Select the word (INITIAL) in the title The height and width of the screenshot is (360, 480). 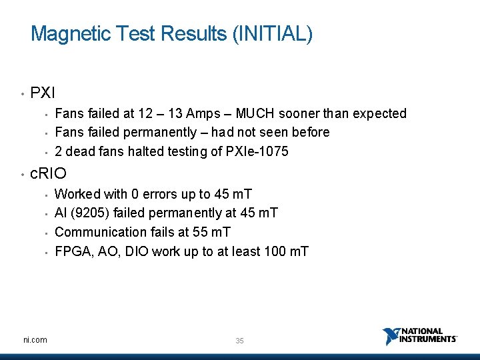272,33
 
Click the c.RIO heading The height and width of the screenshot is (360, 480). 49,174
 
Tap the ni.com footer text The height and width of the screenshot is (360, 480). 35,340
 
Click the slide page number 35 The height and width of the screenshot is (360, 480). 239,341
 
